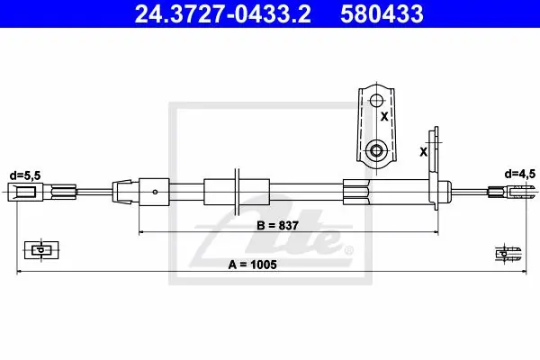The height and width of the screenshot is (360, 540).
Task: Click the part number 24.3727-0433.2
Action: click(x=222, y=14)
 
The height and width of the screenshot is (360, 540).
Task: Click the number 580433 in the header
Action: click(x=382, y=14)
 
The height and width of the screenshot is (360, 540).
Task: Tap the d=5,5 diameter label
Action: click(x=25, y=175)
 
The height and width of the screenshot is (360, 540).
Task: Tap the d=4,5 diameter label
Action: click(x=520, y=174)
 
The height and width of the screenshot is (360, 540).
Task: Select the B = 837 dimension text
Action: click(x=277, y=226)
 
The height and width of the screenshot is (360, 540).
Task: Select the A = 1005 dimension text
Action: click(x=252, y=265)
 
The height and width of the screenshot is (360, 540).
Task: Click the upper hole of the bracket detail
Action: click(x=376, y=101)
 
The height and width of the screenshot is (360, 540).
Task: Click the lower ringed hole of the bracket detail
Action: click(x=376, y=150)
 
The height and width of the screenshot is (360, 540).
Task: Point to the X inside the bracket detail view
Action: click(x=384, y=117)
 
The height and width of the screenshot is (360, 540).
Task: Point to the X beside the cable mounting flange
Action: click(x=423, y=151)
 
